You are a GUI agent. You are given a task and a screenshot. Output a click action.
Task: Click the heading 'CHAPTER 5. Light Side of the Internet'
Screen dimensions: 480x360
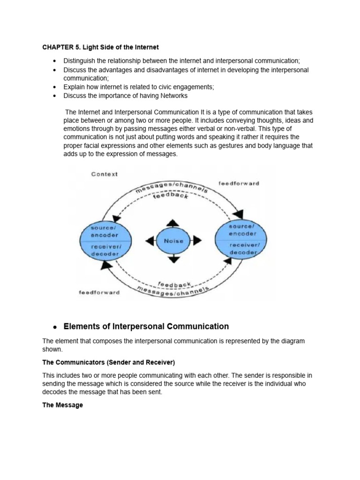[x=100, y=47]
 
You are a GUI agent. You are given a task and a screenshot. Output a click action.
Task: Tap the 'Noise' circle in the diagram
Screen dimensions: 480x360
[x=173, y=241]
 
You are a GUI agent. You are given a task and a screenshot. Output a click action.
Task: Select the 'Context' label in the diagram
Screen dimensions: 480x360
[x=105, y=174]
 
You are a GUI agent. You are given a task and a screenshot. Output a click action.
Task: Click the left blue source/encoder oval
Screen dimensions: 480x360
[x=105, y=241]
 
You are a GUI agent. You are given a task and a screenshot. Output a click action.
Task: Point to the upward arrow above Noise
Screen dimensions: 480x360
[x=173, y=222]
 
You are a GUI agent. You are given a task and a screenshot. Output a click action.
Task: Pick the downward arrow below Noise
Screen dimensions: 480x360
[x=173, y=259]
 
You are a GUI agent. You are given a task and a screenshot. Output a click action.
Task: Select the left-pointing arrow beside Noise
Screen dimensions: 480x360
[x=150, y=241]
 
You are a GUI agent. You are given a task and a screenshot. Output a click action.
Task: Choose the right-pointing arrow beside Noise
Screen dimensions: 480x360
[x=197, y=241]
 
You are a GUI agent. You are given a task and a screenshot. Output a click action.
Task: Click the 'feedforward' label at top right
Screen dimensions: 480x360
[x=239, y=183]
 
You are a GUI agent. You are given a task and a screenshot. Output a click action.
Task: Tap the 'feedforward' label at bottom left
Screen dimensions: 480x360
[x=99, y=292]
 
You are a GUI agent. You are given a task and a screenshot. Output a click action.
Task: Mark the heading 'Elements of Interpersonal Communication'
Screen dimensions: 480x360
[x=146, y=326]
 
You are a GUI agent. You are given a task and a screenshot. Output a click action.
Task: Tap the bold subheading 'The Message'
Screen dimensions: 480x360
[x=62, y=405]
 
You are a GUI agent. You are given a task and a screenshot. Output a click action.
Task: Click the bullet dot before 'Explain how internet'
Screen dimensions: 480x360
[x=54, y=87]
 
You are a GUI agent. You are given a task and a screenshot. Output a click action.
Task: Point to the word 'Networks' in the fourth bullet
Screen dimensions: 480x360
[x=173, y=96]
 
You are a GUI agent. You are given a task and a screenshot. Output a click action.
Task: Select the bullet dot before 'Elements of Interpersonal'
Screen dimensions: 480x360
[x=54, y=327]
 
